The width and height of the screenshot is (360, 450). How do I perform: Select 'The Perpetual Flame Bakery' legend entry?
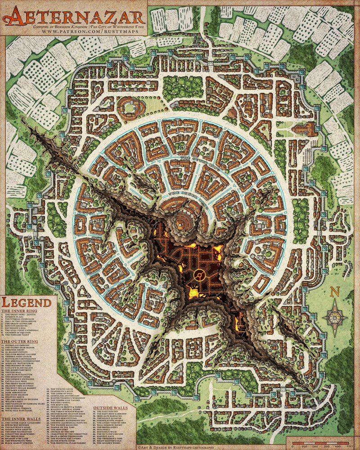pyautogui.click(x=65, y=443)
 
